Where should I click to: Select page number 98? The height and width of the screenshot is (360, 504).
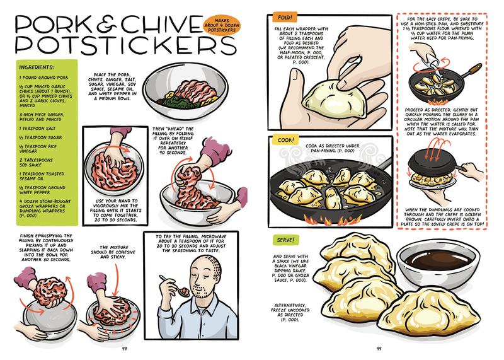[126, 346]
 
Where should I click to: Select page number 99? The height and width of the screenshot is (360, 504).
[377, 346]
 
